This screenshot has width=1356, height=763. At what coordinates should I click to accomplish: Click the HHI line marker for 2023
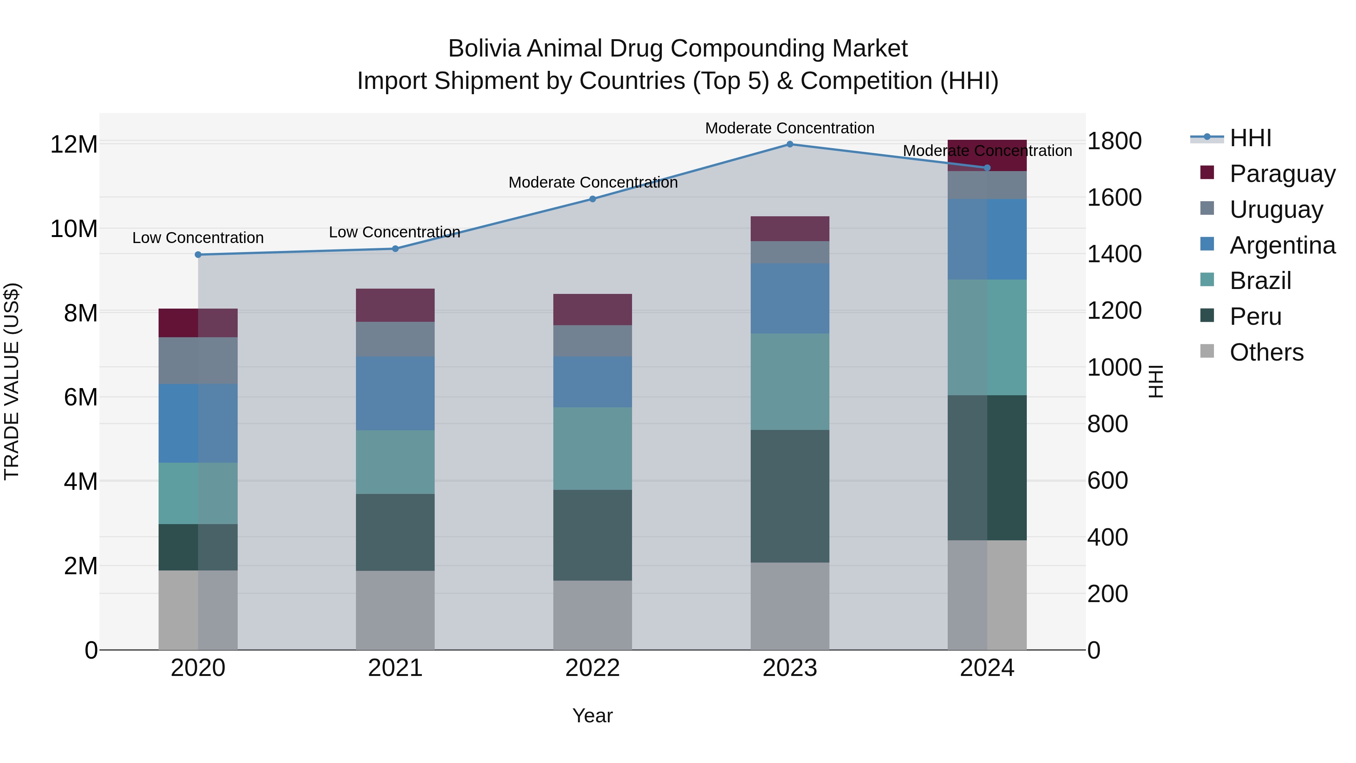[x=789, y=144]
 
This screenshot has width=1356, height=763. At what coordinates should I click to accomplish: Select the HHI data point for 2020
[x=198, y=255]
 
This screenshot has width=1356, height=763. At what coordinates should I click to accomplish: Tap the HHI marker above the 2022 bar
[x=592, y=199]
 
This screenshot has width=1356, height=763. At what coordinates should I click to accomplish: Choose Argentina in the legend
[x=1282, y=245]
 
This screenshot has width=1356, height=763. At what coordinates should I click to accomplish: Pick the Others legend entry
[x=1266, y=352]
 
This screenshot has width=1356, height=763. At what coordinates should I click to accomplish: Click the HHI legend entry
[x=1250, y=138]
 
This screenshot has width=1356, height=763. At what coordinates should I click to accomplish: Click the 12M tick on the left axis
[x=74, y=144]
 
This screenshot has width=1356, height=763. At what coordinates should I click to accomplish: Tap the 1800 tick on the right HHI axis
[x=1115, y=141]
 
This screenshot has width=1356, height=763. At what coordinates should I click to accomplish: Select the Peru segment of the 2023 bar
[x=789, y=496]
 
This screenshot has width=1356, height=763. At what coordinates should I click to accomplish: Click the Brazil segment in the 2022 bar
[x=592, y=449]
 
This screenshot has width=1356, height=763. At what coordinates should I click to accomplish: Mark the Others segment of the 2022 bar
[x=592, y=615]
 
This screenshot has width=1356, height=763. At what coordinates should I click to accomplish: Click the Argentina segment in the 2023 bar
[x=789, y=298]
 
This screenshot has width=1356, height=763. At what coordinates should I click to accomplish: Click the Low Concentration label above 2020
[x=198, y=238]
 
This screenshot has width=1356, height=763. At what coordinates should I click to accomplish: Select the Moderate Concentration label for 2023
[x=789, y=128]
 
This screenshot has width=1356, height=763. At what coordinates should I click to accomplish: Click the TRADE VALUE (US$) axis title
[x=12, y=381]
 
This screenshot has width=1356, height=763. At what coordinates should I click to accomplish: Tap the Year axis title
[x=592, y=716]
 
